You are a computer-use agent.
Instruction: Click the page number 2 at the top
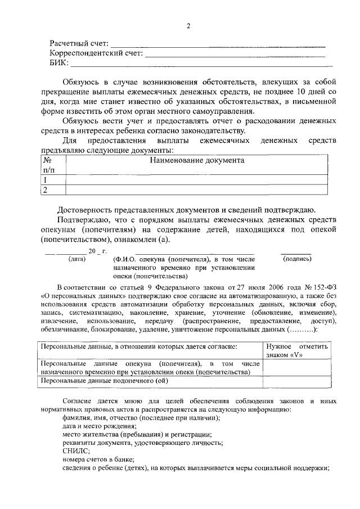tap(188, 26)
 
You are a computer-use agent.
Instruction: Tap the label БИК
tap(58, 63)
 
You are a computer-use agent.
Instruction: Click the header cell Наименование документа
tap(196, 160)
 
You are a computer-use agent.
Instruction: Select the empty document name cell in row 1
tap(196, 180)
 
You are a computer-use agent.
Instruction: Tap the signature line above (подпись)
tap(296, 253)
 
